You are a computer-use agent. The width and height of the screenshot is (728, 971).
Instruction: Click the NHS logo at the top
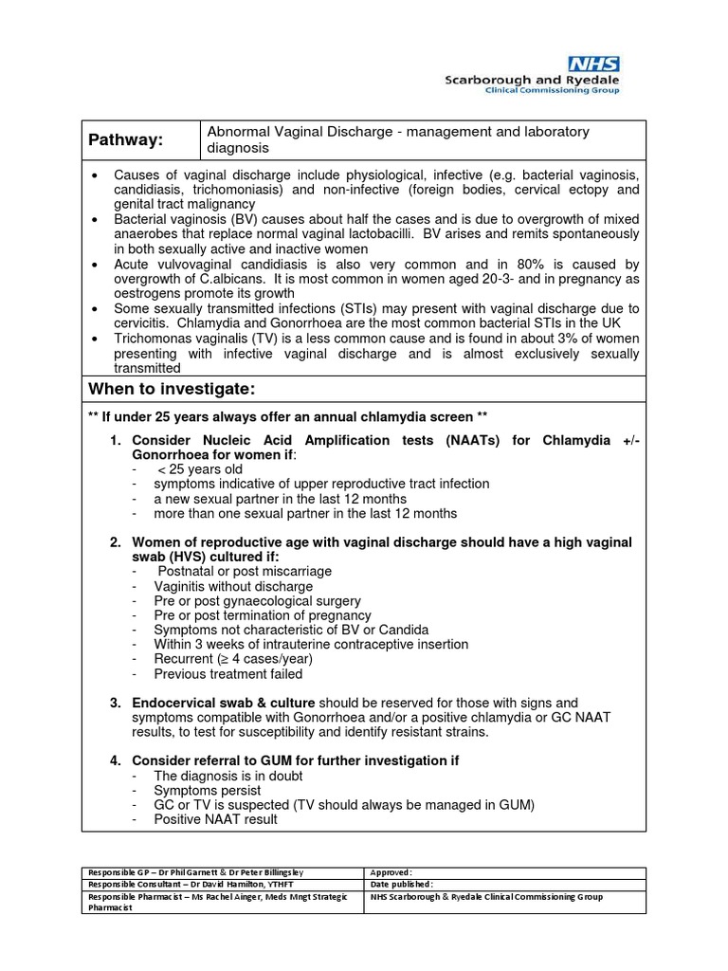coord(593,64)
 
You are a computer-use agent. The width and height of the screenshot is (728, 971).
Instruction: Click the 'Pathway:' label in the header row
coord(126,140)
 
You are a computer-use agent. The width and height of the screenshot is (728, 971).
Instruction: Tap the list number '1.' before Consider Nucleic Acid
coord(115,441)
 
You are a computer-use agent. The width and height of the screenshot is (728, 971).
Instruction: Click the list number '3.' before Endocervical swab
coord(115,703)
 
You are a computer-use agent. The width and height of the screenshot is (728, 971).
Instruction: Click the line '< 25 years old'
coord(200,469)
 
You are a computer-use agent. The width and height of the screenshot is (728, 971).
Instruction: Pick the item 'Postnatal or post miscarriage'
coord(245,571)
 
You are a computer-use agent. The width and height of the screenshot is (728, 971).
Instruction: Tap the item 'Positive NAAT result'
coord(215,819)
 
